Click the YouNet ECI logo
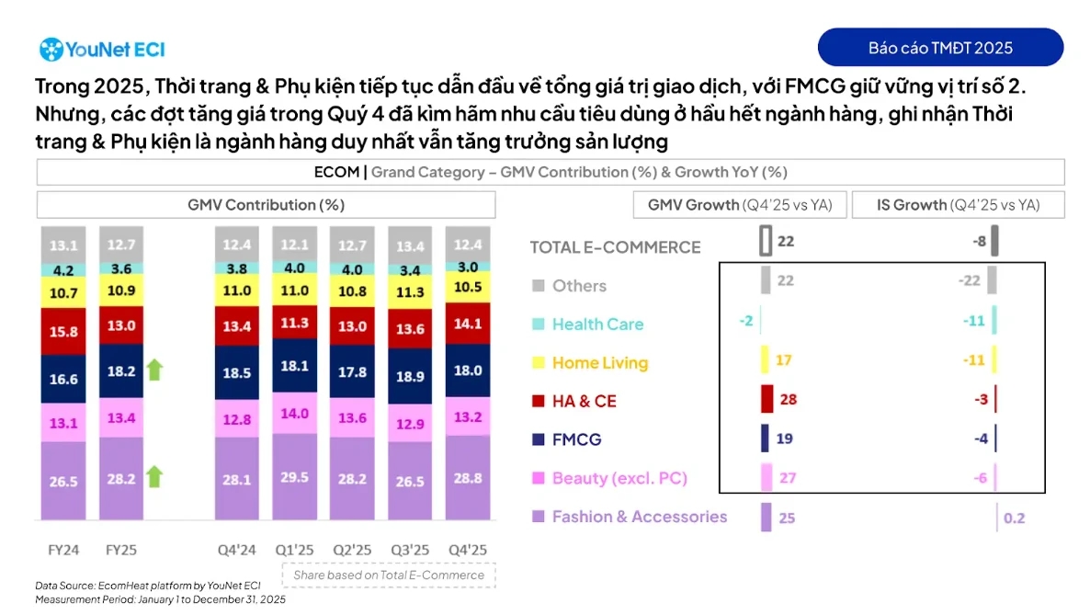pyautogui.click(x=102, y=49)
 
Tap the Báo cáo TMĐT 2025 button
pyautogui.click(x=940, y=48)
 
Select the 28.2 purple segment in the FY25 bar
pyautogui.click(x=121, y=479)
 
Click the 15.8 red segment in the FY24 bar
pyautogui.click(x=62, y=331)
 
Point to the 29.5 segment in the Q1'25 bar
pyautogui.click(x=294, y=479)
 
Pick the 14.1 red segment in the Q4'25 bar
pyautogui.click(x=468, y=324)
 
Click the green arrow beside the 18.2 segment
pyautogui.click(x=154, y=370)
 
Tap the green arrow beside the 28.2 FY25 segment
pyautogui.click(x=154, y=476)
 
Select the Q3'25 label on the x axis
pyautogui.click(x=410, y=551)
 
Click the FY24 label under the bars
pyautogui.click(x=63, y=551)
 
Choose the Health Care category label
pyautogui.click(x=597, y=325)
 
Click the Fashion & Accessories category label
pyautogui.click(x=639, y=517)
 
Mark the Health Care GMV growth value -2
pyautogui.click(x=745, y=320)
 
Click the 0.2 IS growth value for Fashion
pyautogui.click(x=1014, y=518)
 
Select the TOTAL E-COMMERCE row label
pyautogui.click(x=615, y=247)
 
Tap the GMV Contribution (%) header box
pyautogui.click(x=266, y=205)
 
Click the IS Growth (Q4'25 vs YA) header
pyautogui.click(x=958, y=205)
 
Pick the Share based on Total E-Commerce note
pyautogui.click(x=389, y=575)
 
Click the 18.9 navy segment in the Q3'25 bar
pyautogui.click(x=410, y=377)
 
